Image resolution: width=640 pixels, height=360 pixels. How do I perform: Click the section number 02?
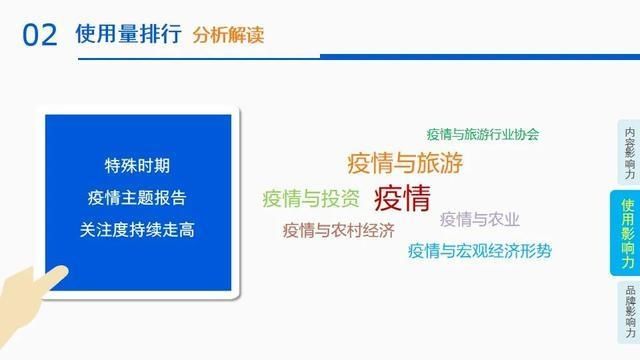39,35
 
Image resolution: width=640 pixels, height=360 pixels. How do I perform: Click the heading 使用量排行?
128,35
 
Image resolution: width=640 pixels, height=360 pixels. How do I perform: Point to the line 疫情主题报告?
137,197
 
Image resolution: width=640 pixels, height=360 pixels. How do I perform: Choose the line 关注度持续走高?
137,229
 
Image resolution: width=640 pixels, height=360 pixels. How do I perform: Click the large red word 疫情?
402,196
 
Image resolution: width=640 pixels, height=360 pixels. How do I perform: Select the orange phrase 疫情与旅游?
405,162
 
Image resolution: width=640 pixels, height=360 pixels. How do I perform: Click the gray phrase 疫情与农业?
480,219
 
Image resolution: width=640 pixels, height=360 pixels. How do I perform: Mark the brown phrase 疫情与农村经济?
338,230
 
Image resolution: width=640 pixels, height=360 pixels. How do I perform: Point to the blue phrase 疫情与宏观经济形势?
479,251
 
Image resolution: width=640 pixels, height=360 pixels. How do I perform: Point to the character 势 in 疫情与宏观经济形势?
543,251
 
